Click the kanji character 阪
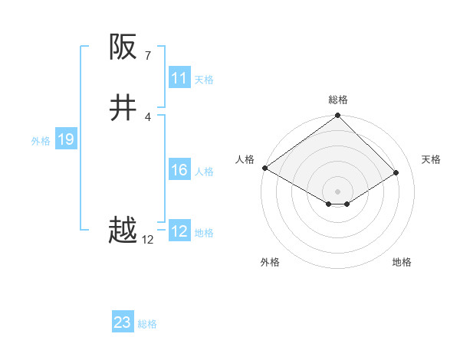123,47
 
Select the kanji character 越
123,231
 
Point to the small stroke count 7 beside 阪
148,55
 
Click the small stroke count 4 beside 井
148,116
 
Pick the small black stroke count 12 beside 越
148,239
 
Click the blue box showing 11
179,78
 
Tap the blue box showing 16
179,170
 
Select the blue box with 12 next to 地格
179,231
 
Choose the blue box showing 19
66,139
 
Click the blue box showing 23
123,322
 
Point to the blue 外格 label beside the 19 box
41,141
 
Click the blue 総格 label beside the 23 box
147,324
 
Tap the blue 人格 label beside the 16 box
205,172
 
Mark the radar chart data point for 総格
338,116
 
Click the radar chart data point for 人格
264,168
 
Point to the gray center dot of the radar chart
338,191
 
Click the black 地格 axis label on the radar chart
402,262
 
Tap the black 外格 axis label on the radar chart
270,262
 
